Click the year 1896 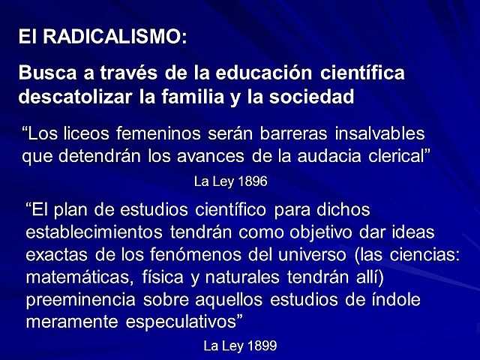(x=253, y=181)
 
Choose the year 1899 (x=262, y=346)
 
